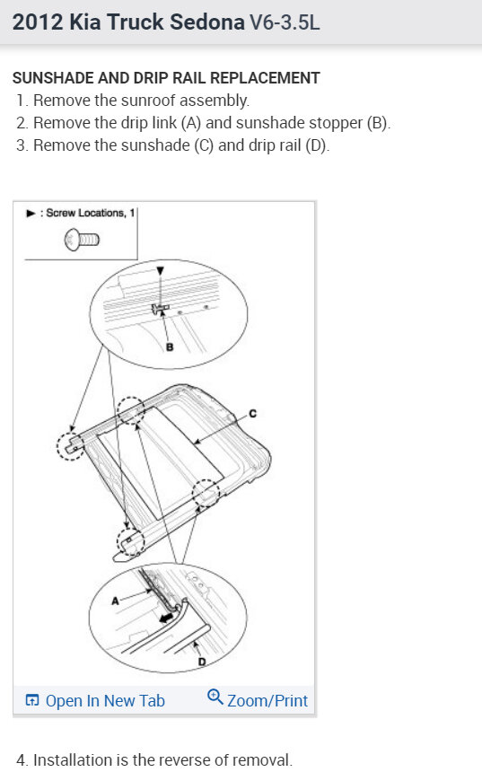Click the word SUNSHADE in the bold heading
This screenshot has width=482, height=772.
pos(51,78)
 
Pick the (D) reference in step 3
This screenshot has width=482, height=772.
pos(316,145)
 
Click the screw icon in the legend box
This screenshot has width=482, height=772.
pos(81,239)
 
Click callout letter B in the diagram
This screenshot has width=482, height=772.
pos(169,348)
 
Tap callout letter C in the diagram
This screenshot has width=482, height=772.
pos(252,414)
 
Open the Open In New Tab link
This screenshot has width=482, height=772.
pos(104,700)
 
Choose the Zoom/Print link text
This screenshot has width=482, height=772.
pos(267,700)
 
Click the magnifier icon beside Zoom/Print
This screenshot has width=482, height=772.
pos(215,697)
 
